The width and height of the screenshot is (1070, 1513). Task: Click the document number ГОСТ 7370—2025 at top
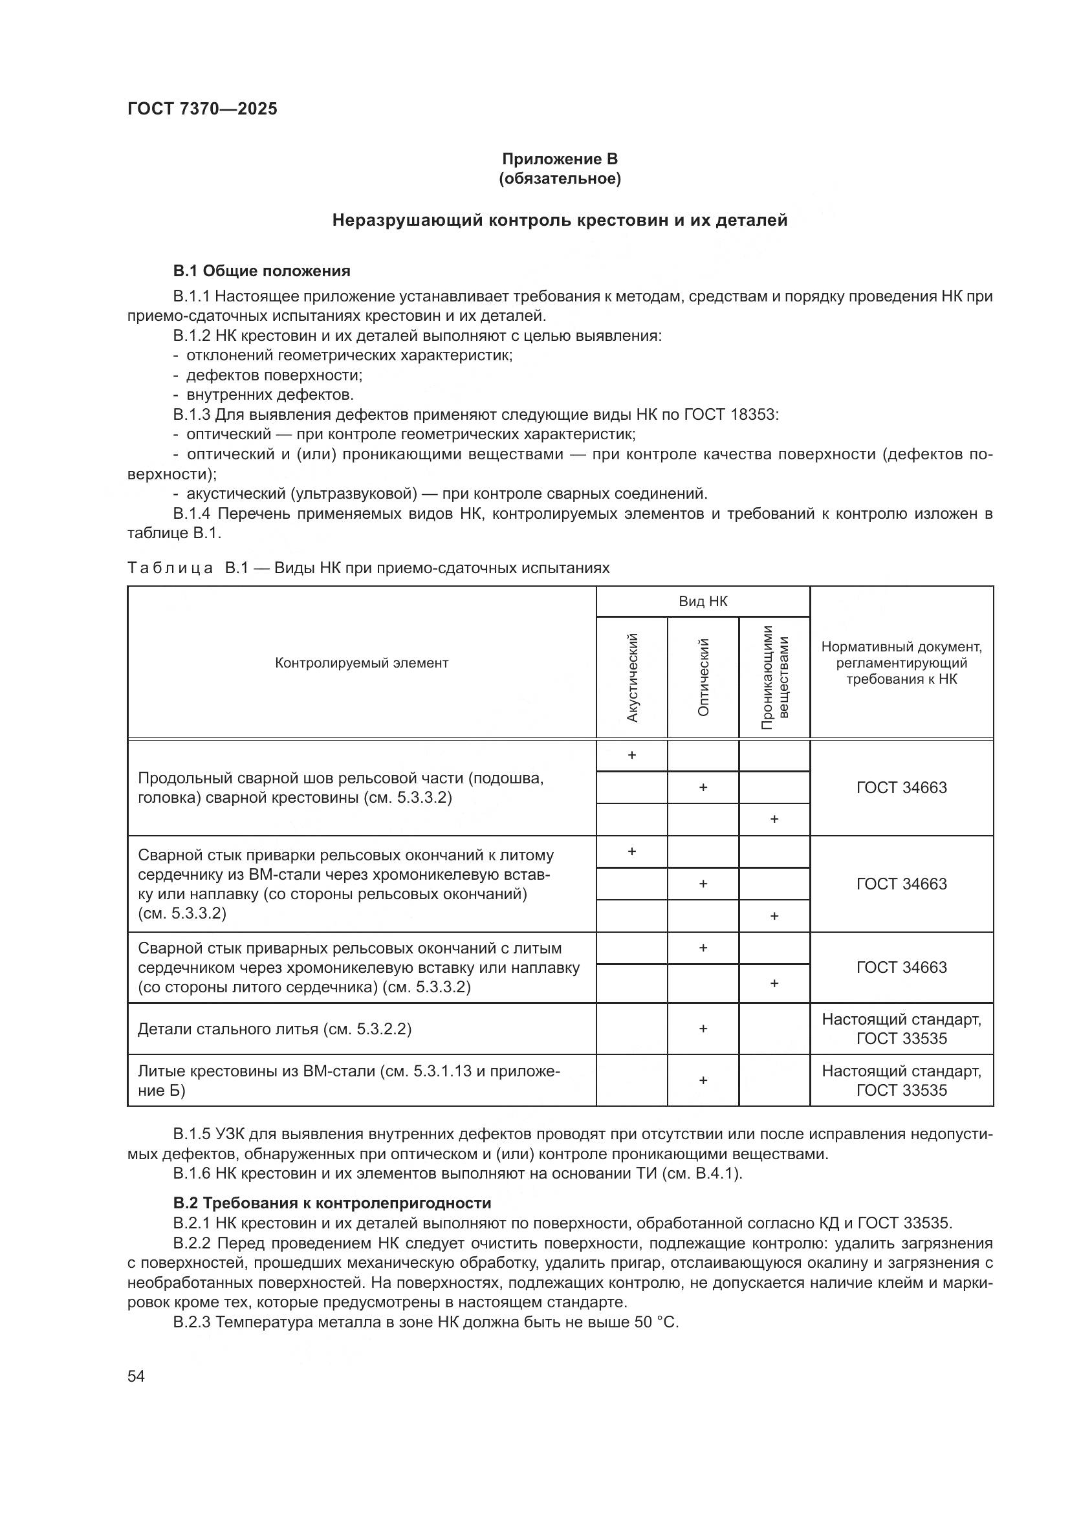coord(202,109)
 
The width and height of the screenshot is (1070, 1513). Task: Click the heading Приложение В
coord(560,159)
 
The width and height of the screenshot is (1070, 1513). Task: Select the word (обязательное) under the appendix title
coord(560,179)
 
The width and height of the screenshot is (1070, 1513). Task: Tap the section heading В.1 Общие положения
coord(261,271)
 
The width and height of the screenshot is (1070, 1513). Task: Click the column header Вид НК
coord(703,601)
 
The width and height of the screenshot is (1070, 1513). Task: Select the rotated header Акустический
coord(632,677)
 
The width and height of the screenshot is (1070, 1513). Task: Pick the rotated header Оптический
coord(703,677)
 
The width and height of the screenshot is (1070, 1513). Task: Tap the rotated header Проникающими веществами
coord(775,677)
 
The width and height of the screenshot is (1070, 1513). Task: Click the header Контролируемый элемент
coord(361,663)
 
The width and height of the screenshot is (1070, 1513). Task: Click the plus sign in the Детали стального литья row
coord(703,1029)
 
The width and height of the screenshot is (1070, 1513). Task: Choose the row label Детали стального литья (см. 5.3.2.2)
coord(274,1029)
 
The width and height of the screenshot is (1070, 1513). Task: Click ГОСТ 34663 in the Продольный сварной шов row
coord(901,787)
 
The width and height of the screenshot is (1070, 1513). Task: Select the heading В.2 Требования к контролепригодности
coord(332,1203)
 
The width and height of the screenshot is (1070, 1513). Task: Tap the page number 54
coord(136,1376)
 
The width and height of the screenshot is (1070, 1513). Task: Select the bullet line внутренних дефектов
coord(270,395)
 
